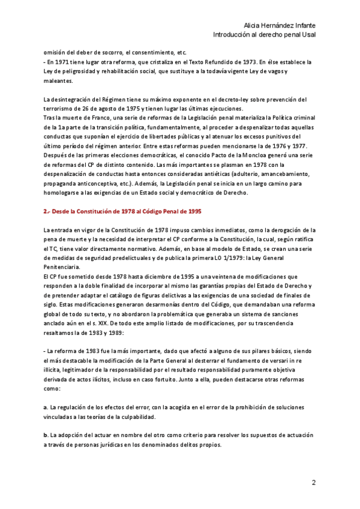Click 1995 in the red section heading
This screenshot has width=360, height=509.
coord(193,212)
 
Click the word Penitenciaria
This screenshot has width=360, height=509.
coord(66,268)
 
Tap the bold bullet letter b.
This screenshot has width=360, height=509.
coord(46,434)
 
